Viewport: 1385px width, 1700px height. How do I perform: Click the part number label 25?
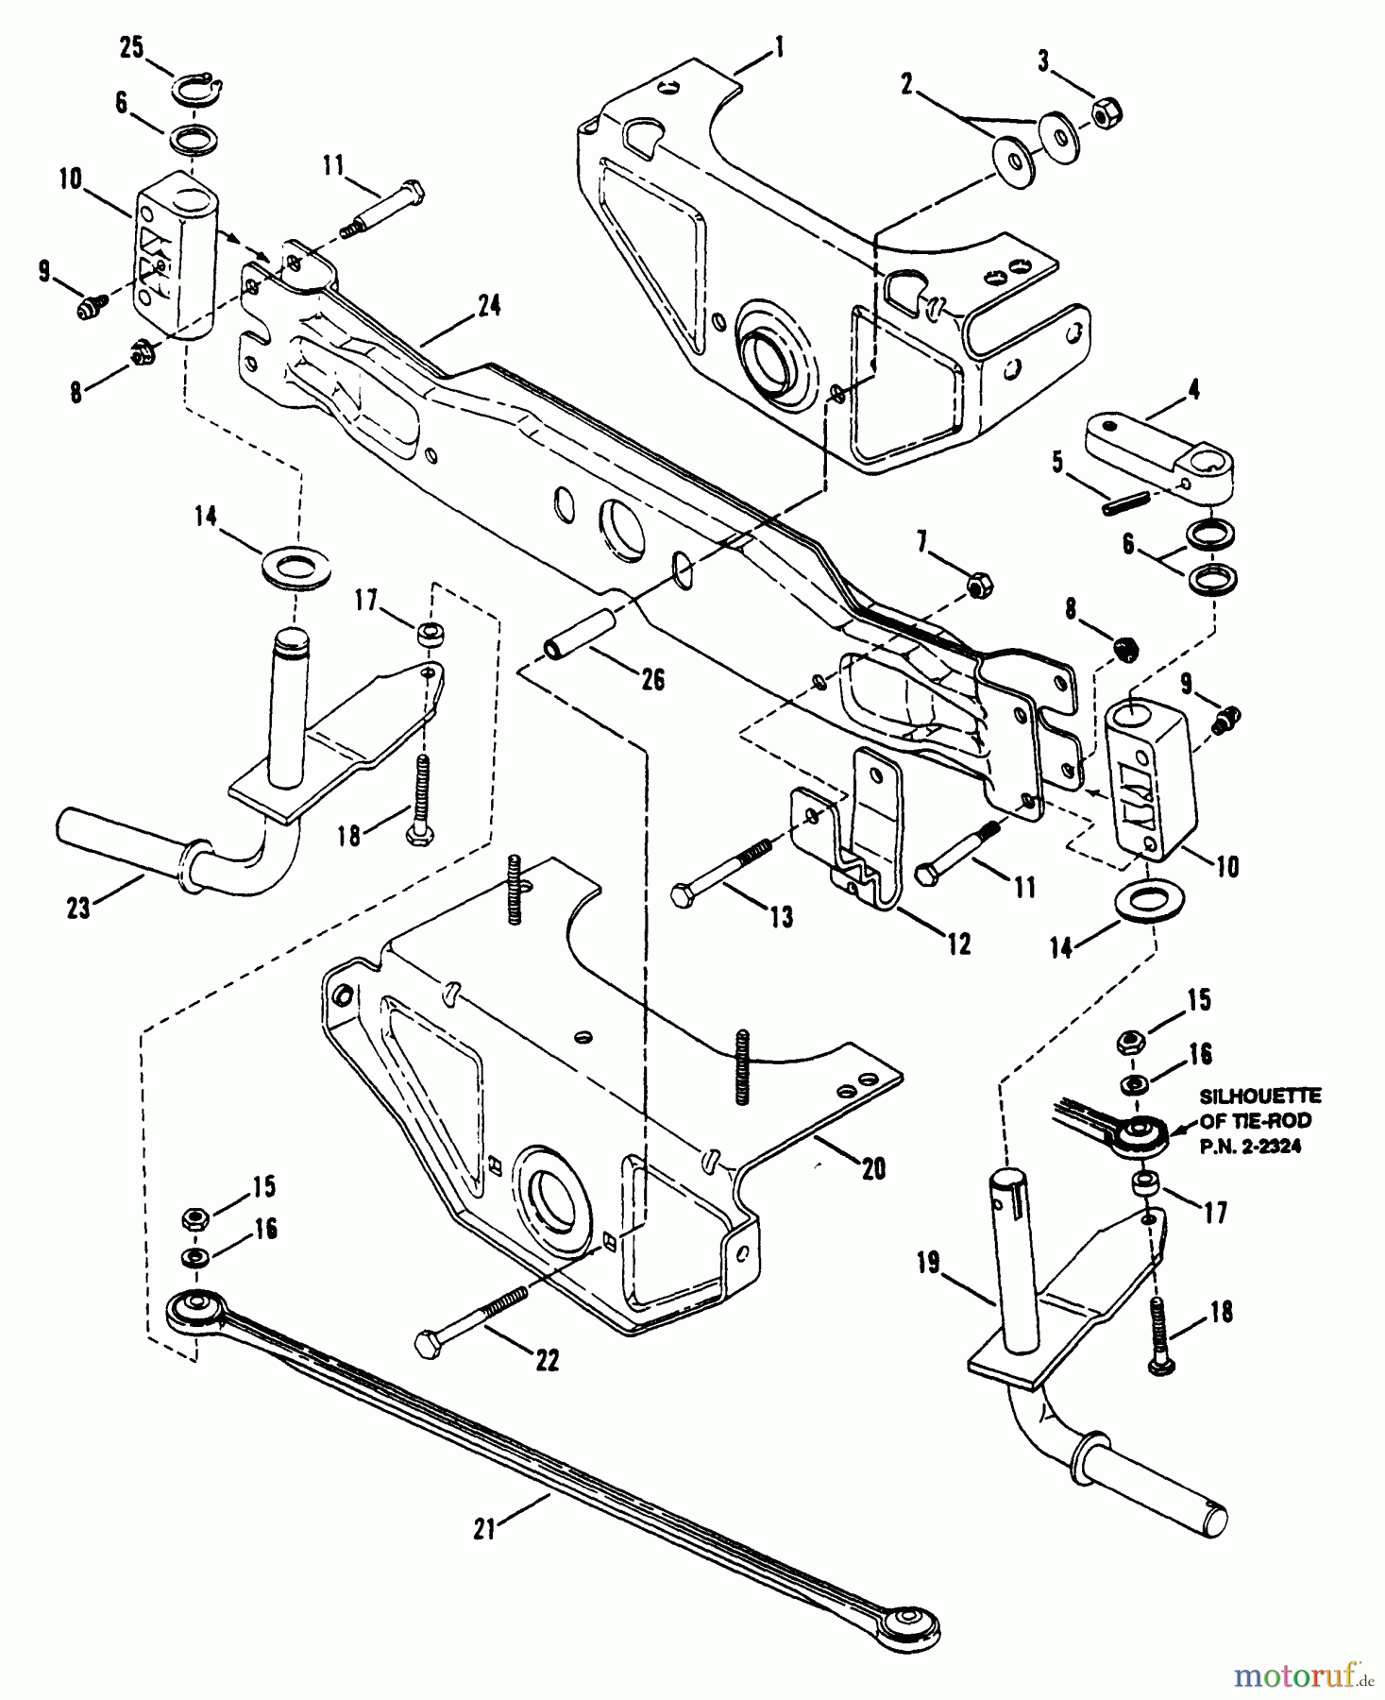pos(131,47)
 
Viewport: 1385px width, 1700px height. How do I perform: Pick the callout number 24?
pos(489,306)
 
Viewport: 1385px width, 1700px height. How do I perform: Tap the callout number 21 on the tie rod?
pos(483,1527)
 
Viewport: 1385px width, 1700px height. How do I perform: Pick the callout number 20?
pos(873,1168)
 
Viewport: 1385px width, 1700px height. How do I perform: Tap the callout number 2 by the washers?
pos(906,85)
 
